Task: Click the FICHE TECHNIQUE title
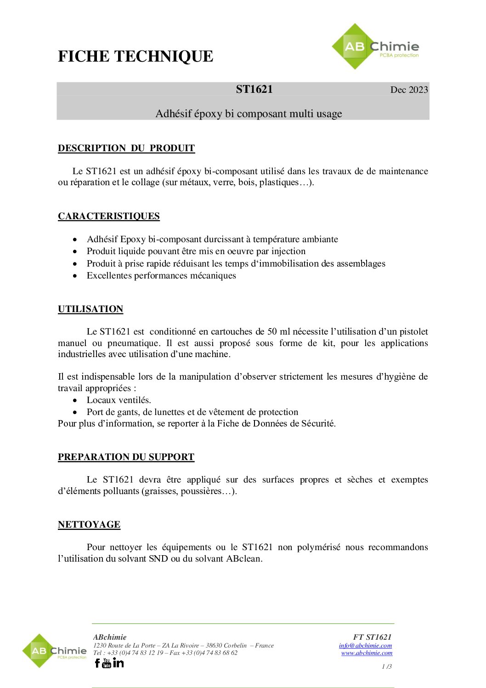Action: pos(136,57)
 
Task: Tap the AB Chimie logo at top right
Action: pos(375,47)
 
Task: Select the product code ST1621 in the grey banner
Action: pos(254,89)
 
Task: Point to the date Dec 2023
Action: pos(409,90)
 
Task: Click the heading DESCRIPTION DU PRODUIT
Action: pos(126,148)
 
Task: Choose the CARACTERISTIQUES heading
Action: pos(109,216)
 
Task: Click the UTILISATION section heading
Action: pos(90,309)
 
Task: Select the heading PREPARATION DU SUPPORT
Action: pos(126,457)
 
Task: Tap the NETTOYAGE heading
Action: pos(89,524)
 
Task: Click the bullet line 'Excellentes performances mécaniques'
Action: pos(161,275)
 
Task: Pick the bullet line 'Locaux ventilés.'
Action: pos(119,400)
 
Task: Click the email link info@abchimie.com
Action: pos(365,645)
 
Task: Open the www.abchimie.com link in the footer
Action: pos(367,653)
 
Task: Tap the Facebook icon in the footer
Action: pos(97,663)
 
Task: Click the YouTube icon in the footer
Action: pos(107,663)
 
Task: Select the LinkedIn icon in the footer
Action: pos(118,662)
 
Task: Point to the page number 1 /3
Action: pos(387,666)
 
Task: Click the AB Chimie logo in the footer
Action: pos(55,651)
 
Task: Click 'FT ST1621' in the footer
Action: pos(372,637)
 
